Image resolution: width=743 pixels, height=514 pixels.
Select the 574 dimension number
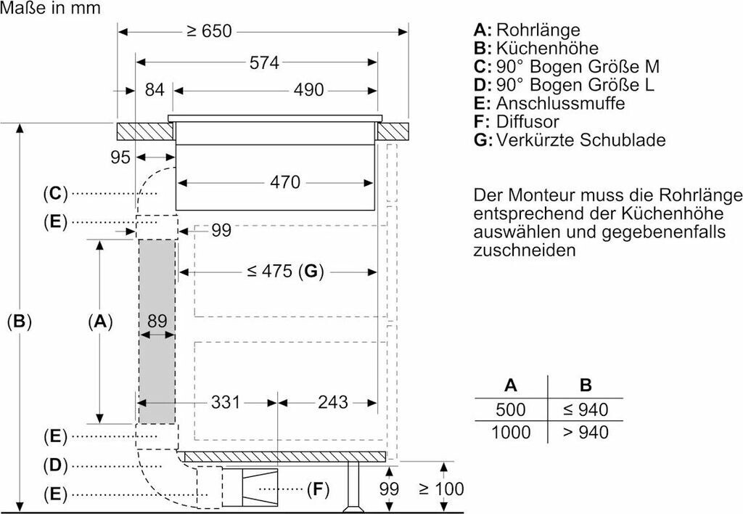point(264,63)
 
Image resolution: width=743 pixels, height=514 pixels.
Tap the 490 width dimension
point(308,91)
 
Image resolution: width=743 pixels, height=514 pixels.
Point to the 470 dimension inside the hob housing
point(285,182)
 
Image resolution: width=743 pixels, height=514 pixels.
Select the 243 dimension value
point(333,401)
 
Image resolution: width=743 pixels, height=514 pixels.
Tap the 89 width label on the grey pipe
point(157,320)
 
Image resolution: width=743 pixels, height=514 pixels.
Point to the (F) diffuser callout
point(317,489)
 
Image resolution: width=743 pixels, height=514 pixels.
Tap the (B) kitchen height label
point(20,321)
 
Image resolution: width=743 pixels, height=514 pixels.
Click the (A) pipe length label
point(99,321)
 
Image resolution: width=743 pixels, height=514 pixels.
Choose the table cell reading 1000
point(511,432)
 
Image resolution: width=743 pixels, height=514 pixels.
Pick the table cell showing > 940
point(586,432)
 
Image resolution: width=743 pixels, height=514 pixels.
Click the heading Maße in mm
point(51,9)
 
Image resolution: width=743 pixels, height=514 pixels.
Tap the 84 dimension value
point(155,91)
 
